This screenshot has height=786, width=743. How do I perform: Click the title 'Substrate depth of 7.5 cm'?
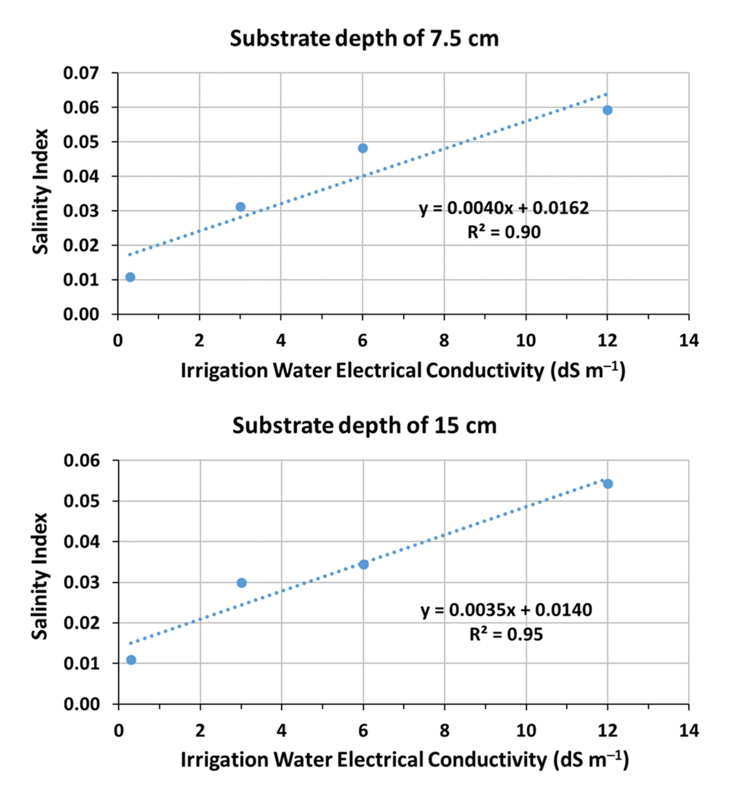tap(364, 39)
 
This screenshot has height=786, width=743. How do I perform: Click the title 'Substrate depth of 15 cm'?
tap(364, 426)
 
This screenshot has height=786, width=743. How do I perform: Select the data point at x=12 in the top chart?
tap(607, 110)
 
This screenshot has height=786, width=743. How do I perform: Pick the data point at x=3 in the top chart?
tap(240, 207)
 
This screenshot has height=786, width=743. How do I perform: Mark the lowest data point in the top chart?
tap(130, 277)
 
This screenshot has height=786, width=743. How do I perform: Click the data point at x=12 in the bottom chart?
tap(608, 484)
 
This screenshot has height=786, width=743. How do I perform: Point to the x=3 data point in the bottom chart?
tap(241, 583)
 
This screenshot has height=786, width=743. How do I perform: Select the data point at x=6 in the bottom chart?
tap(363, 564)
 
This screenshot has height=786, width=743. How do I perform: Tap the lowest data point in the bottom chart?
tap(131, 660)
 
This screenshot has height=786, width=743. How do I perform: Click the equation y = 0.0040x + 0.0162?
tap(504, 208)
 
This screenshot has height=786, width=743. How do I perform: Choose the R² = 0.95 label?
tap(506, 634)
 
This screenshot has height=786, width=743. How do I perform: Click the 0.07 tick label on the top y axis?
tap(81, 73)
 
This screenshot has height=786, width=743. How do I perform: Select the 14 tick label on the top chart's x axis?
tap(689, 341)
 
